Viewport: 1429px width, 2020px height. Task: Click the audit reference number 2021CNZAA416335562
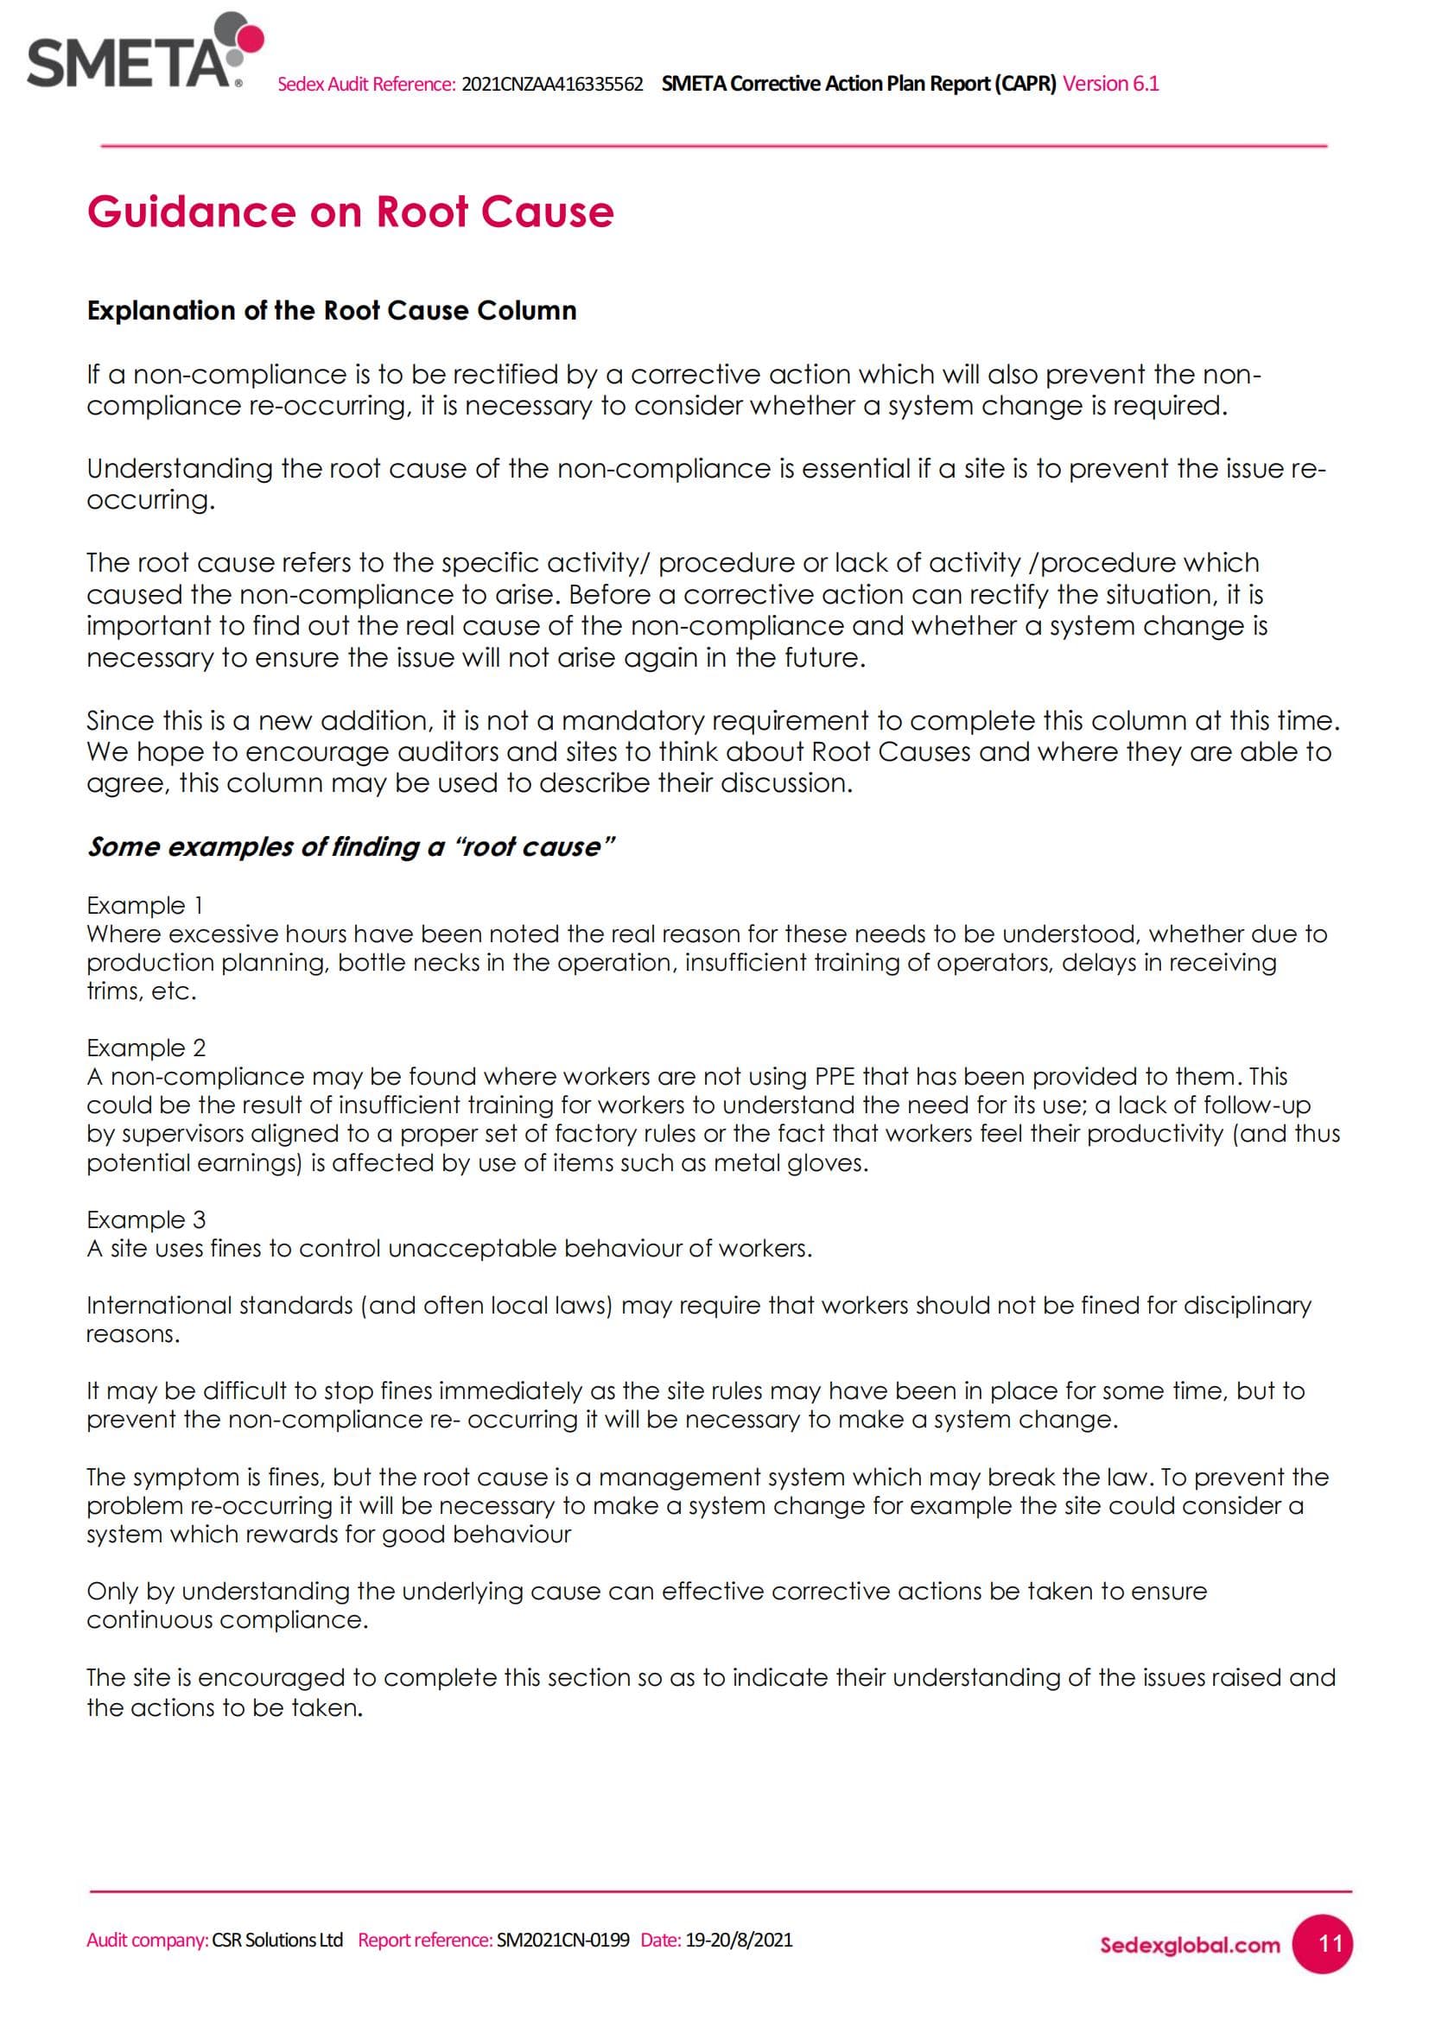[552, 85]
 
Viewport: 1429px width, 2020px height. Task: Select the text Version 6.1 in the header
[1110, 84]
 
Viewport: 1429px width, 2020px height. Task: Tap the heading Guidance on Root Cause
[350, 212]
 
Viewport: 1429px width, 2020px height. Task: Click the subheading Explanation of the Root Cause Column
[332, 311]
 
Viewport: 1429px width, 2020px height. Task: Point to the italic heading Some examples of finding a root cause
[350, 846]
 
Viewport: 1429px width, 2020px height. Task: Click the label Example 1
[145, 905]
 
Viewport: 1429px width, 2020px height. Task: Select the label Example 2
[146, 1048]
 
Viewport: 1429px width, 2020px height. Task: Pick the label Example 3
[146, 1219]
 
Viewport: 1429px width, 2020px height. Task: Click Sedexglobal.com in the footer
[1190, 1945]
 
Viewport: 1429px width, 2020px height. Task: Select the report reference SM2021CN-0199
[563, 1940]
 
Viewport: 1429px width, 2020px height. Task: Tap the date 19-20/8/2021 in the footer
[740, 1940]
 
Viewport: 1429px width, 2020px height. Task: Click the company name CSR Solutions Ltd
[277, 1940]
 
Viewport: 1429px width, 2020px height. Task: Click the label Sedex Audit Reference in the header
[366, 85]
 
